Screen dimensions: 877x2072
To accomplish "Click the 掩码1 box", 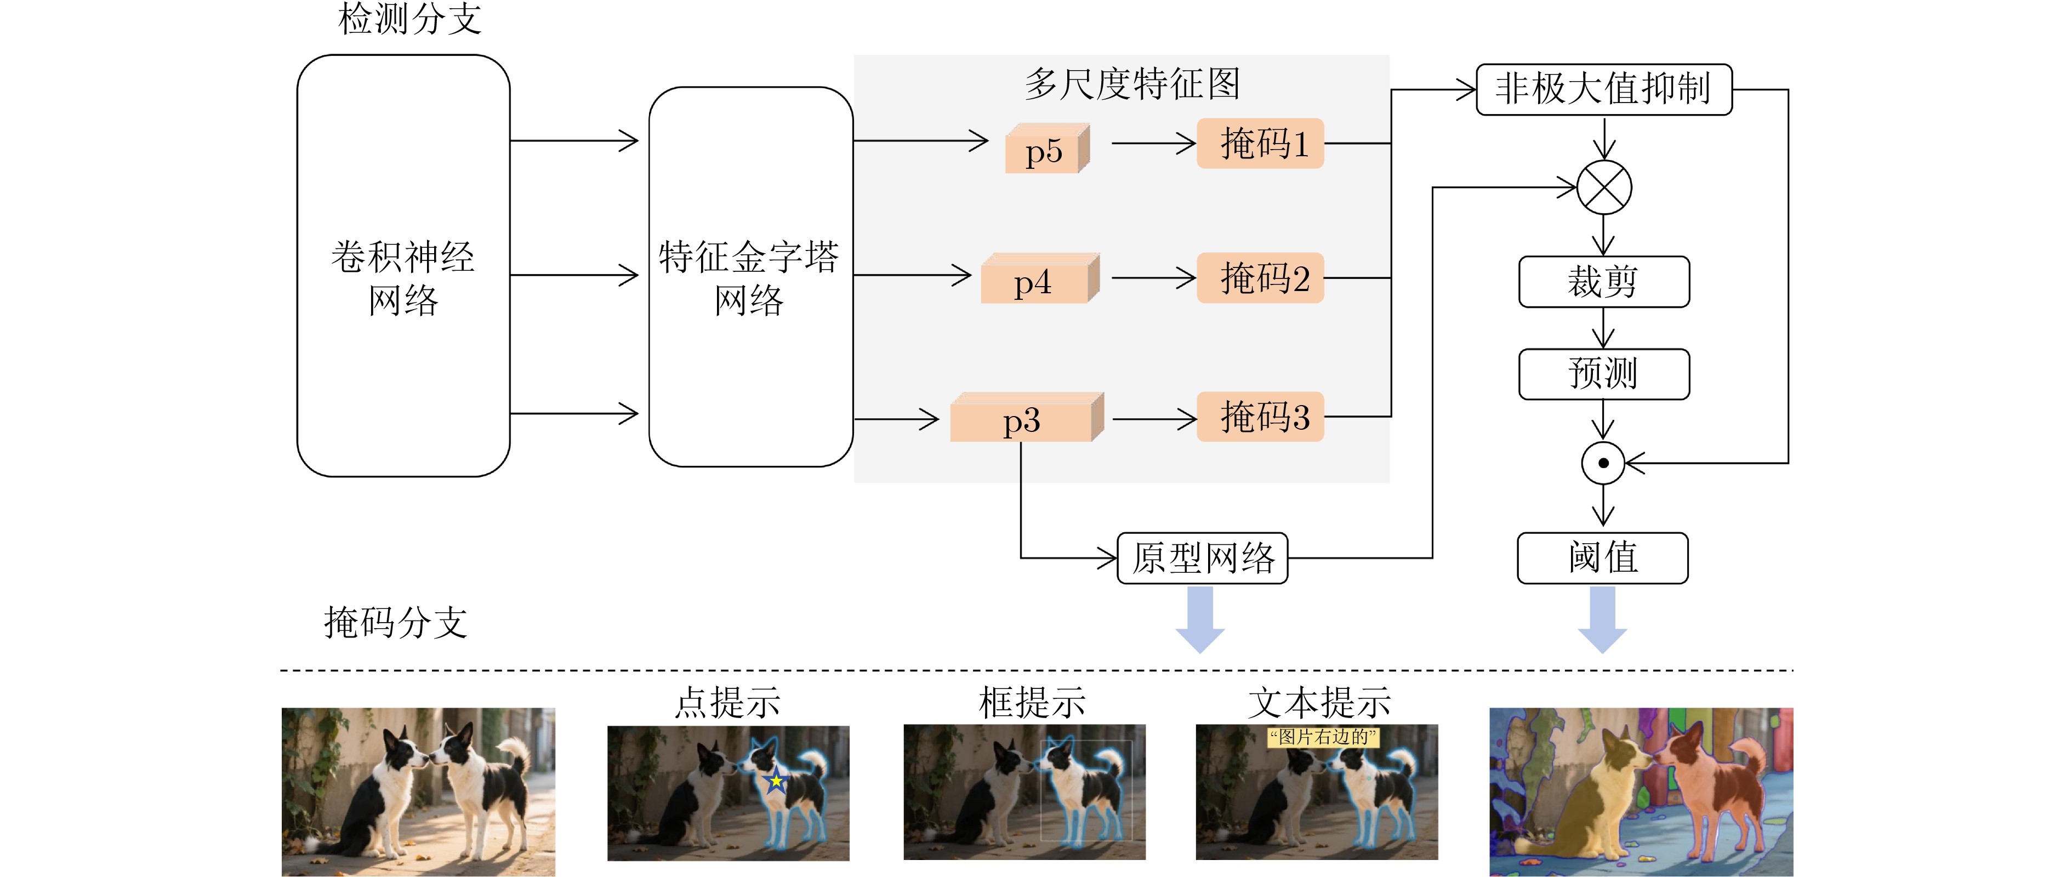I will pos(1260,143).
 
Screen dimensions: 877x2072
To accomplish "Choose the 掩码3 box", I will pos(1260,417).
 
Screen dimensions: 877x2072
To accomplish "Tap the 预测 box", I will pos(1603,373).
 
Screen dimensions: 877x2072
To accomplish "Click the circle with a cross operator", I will pos(1604,187).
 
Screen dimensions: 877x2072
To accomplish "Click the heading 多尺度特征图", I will pos(1132,84).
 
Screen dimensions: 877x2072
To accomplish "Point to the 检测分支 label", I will pos(409,19).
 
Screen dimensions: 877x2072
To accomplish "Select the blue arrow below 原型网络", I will pos(1200,619).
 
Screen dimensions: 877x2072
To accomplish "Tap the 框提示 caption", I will pos(1032,702).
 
